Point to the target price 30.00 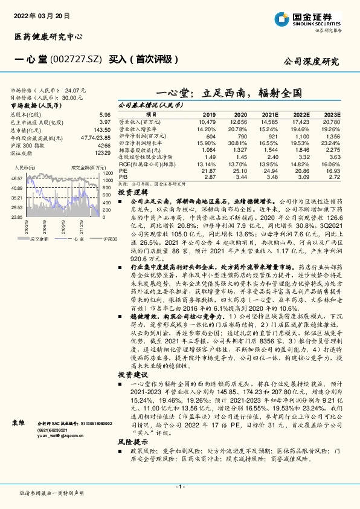(69, 96)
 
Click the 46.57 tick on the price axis (16, 179)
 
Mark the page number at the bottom (180, 487)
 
